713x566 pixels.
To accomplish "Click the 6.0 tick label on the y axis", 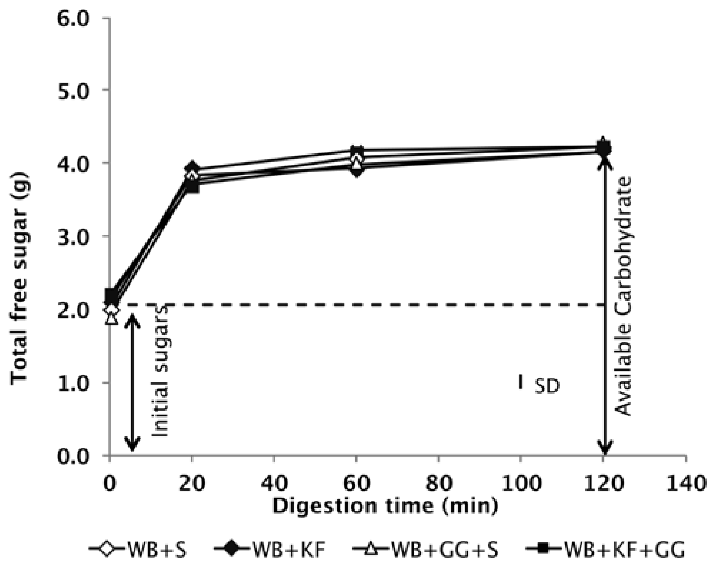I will point(73,19).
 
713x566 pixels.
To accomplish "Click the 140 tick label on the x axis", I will point(685,483).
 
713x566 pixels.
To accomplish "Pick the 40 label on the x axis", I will point(274,483).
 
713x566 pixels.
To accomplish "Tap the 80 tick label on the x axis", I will point(439,483).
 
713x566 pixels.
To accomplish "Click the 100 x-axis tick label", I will point(521,483).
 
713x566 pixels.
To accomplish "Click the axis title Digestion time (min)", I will point(385,506).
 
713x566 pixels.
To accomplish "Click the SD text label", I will point(547,387).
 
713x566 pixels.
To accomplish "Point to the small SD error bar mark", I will point(521,381).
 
